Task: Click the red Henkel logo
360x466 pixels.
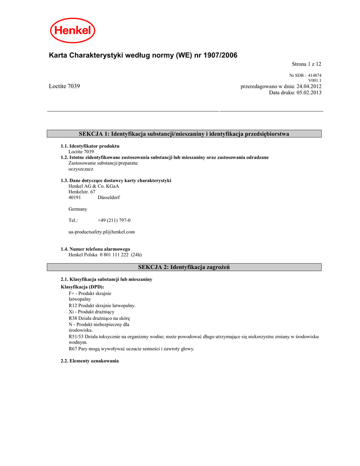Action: pyautogui.click(x=72, y=30)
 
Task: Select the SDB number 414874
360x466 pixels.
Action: pyautogui.click(x=315, y=75)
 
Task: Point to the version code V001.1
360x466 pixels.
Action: pyautogui.click(x=315, y=81)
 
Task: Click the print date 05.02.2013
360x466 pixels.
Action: pyautogui.click(x=309, y=92)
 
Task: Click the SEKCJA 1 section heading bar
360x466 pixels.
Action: pyautogui.click(x=184, y=134)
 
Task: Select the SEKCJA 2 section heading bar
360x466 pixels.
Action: pyautogui.click(x=184, y=267)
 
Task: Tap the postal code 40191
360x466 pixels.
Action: pyautogui.click(x=75, y=198)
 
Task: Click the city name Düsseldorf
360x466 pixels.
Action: pyautogui.click(x=109, y=198)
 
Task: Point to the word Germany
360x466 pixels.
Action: pyautogui.click(x=78, y=209)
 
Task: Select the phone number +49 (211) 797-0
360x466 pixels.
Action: pyautogui.click(x=114, y=220)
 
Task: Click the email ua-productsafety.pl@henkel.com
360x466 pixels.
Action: pyautogui.click(x=101, y=232)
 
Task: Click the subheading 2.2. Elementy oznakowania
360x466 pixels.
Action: pyautogui.click(x=90, y=361)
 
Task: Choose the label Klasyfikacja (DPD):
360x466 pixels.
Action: pyautogui.click(x=82, y=287)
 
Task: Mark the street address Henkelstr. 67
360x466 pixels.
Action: pyautogui.click(x=82, y=192)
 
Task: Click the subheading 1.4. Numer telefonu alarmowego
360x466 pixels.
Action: pyautogui.click(x=96, y=249)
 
